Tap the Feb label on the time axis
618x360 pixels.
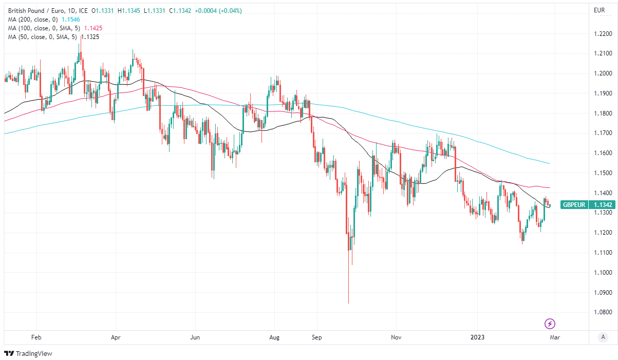[x=36, y=337]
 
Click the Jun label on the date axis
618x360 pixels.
[x=195, y=337]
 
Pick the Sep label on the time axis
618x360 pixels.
[x=316, y=337]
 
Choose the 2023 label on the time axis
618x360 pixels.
[x=477, y=337]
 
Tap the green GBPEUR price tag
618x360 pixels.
[x=574, y=204]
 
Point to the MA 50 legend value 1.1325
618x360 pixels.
[x=89, y=37]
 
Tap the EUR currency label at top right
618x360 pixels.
[x=598, y=10]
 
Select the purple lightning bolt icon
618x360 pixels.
[x=550, y=324]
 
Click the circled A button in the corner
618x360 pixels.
[x=603, y=337]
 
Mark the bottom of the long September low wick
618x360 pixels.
[x=349, y=303]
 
